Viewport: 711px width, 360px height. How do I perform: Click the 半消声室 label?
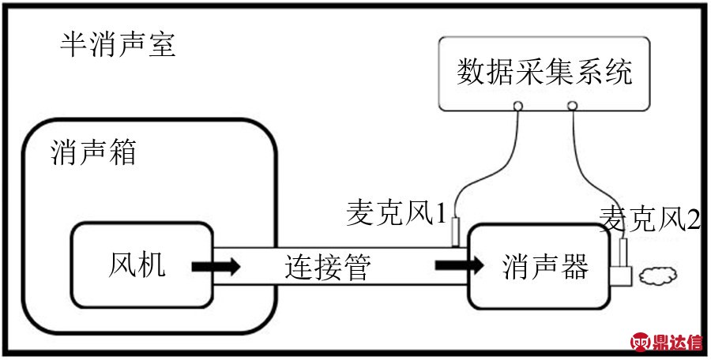pyautogui.click(x=118, y=45)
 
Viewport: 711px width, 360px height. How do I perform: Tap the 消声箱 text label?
pyautogui.click(x=92, y=152)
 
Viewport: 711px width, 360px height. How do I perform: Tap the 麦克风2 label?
pyautogui.click(x=649, y=218)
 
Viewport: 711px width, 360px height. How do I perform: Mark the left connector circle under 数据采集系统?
pyautogui.click(x=518, y=105)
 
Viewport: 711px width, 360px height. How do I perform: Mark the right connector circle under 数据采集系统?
pyautogui.click(x=572, y=105)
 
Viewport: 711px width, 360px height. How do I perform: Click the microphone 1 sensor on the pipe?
pyautogui.click(x=456, y=233)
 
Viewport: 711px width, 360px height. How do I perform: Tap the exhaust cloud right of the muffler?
pyautogui.click(x=659, y=276)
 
